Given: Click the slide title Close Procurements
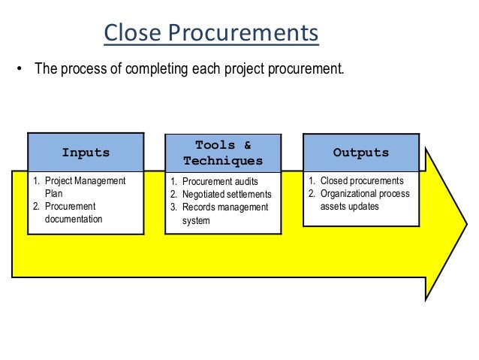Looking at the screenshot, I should click(x=211, y=33).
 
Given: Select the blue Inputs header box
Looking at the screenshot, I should click(x=86, y=153).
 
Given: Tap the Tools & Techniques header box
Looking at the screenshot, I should click(x=223, y=153).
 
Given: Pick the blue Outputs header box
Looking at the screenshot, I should click(x=360, y=153).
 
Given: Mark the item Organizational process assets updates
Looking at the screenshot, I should click(x=364, y=200).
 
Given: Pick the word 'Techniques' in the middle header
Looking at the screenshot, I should click(x=223, y=161).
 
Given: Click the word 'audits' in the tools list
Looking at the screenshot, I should click(x=246, y=182).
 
